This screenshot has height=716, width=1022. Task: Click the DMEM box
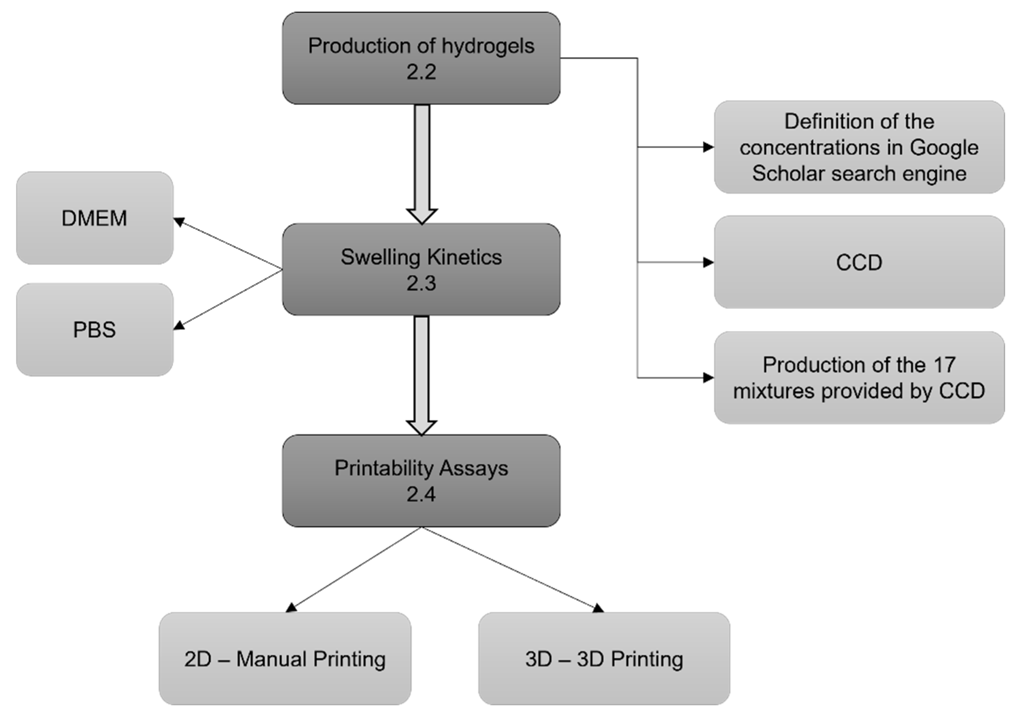(95, 218)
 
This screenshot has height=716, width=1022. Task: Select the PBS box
(95, 330)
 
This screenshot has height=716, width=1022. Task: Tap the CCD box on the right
(859, 262)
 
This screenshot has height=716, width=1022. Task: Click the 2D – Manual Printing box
(285, 658)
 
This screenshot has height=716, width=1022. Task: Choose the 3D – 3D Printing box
(604, 658)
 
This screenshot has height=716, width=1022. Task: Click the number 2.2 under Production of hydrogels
(421, 72)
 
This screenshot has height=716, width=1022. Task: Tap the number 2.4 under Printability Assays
(421, 494)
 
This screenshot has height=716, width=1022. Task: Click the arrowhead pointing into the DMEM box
(179, 221)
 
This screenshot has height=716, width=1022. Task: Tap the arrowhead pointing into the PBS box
(179, 326)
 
